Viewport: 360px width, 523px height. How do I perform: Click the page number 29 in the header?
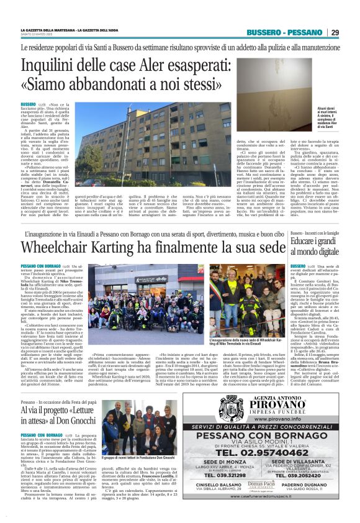(335, 32)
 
